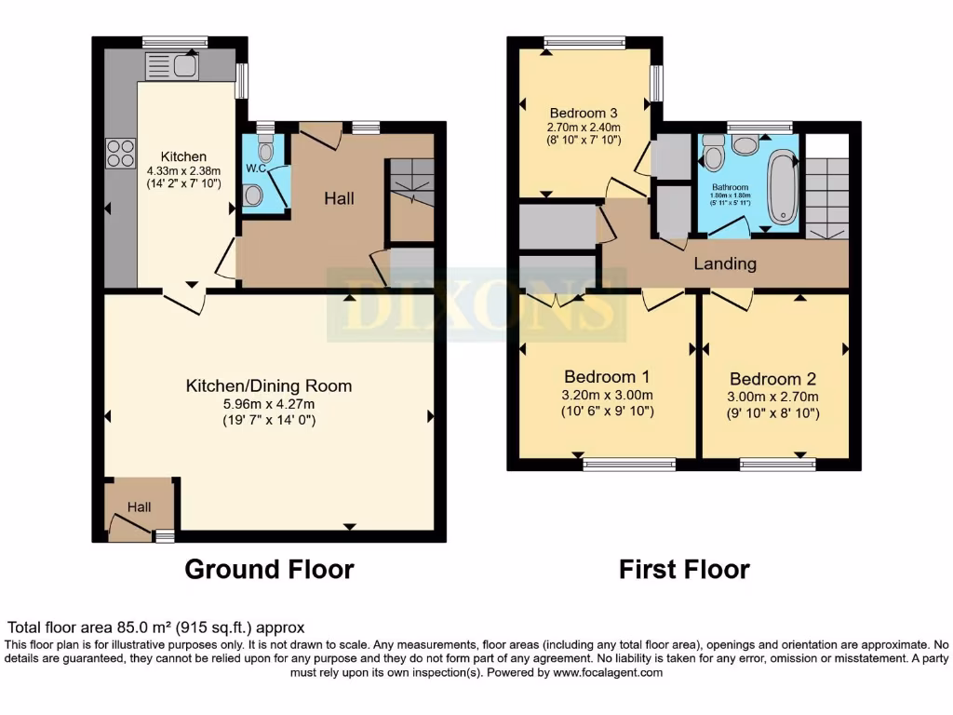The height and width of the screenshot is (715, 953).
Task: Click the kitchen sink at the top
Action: [172, 65]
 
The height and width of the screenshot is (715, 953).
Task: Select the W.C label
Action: [255, 169]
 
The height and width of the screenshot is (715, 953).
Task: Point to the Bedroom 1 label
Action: [607, 377]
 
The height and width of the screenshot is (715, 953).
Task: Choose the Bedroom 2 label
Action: [772, 379]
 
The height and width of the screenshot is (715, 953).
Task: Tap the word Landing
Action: [725, 263]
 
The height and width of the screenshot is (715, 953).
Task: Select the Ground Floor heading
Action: [269, 569]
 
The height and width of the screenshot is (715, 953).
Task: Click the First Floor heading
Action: [684, 569]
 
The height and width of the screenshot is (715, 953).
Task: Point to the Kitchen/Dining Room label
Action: [269, 385]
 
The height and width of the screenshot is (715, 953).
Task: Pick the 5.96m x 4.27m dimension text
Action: [269, 404]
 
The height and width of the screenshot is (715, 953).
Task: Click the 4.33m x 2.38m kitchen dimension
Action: [183, 170]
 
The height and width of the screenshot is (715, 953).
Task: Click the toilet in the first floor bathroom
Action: [714, 154]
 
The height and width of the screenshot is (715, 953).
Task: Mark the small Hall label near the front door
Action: [139, 507]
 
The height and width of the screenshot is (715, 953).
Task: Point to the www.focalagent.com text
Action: [606, 672]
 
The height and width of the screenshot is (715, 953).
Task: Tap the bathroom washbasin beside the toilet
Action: [745, 144]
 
